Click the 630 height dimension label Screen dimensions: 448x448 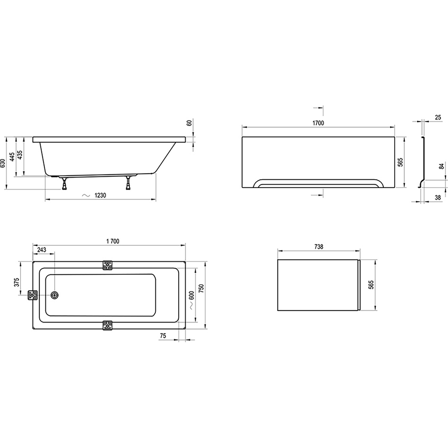coord(3,163)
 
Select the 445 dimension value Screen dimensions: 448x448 coord(12,157)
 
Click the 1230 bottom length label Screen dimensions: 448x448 coord(100,196)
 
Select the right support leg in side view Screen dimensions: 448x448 coord(129,183)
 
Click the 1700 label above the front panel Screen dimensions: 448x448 coord(318,123)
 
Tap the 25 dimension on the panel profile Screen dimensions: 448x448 coord(438,117)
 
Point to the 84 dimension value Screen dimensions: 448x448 coord(442,166)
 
